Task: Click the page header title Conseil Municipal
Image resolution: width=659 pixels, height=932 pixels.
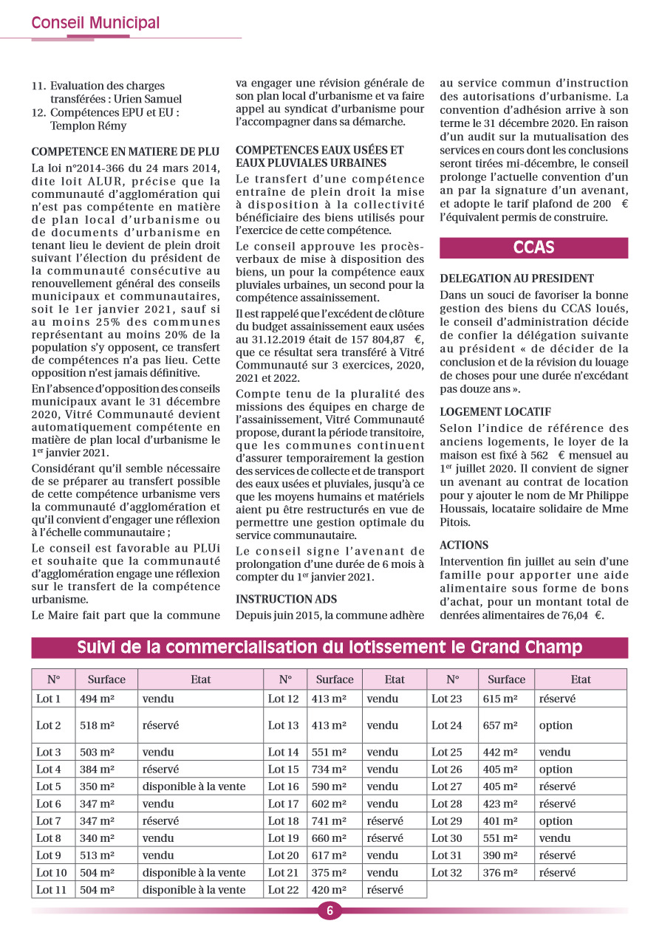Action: [x=95, y=24]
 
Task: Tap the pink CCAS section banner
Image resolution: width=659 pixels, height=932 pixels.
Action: [x=533, y=247]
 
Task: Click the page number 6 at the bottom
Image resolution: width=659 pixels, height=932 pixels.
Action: [x=329, y=911]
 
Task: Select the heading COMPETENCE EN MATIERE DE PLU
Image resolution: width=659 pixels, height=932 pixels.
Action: [x=126, y=153]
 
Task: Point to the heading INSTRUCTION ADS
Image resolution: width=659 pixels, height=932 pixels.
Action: [x=286, y=599]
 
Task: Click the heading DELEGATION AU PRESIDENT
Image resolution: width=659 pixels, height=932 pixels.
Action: [x=516, y=278]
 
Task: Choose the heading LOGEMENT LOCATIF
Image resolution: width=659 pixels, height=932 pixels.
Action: [x=495, y=411]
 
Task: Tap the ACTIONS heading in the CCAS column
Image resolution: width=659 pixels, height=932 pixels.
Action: [x=464, y=545]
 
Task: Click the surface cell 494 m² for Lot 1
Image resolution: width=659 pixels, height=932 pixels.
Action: [x=97, y=699]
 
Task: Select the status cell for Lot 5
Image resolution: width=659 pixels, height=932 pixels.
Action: [x=194, y=787]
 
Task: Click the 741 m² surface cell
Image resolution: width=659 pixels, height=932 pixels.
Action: [x=328, y=821]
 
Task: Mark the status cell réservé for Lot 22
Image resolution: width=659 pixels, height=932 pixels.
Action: [x=385, y=890]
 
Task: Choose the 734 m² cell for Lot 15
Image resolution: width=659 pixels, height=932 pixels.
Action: [x=328, y=770]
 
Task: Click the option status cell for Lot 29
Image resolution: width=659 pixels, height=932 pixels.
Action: [x=556, y=821]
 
